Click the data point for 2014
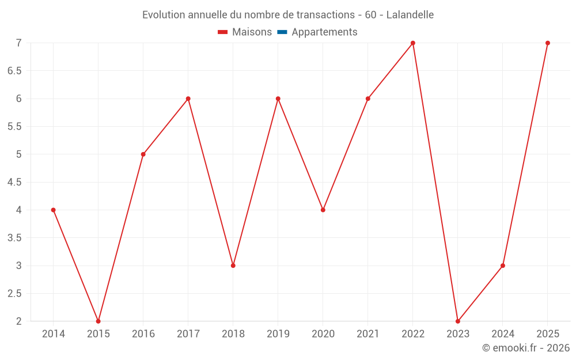pyautogui.click(x=54, y=210)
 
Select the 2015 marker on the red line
pyautogui.click(x=98, y=321)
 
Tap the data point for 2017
pyautogui.click(x=188, y=98)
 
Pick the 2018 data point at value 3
pyautogui.click(x=233, y=266)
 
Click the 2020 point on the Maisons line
pyautogui.click(x=323, y=210)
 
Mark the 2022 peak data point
pyautogui.click(x=413, y=43)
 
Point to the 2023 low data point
pyautogui.click(x=458, y=321)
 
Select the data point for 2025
pyautogui.click(x=548, y=43)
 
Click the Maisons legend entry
pyautogui.click(x=245, y=32)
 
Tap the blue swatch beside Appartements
pyautogui.click(x=282, y=32)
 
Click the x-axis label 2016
pyautogui.click(x=143, y=334)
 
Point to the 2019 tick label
pyautogui.click(x=278, y=334)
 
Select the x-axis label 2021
pyautogui.click(x=368, y=334)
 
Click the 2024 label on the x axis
pyautogui.click(x=503, y=334)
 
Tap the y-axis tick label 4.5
pyautogui.click(x=14, y=183)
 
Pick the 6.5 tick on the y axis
pyautogui.click(x=14, y=71)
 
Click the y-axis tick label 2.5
pyautogui.click(x=14, y=294)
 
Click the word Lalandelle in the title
pyautogui.click(x=410, y=14)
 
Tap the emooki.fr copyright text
pyautogui.click(x=526, y=348)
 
